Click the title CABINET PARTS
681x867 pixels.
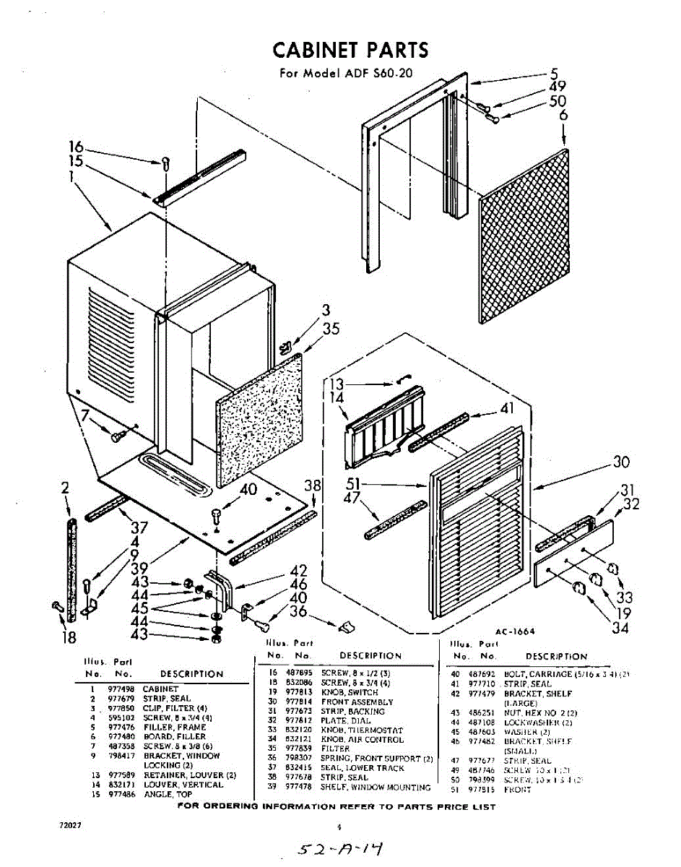coord(350,50)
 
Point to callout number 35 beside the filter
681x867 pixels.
coord(331,329)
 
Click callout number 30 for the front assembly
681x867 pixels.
coord(621,462)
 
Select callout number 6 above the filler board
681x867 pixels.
coord(563,116)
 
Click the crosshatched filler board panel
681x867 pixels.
coord(524,238)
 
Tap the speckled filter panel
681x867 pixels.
coord(259,423)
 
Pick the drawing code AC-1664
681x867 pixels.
coord(515,631)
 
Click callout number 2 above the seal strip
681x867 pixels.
coord(65,489)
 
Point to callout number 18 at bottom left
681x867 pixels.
coord(69,638)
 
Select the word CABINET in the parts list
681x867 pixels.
coord(160,689)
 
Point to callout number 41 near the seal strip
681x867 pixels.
coord(508,409)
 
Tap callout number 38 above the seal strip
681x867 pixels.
coord(313,486)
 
